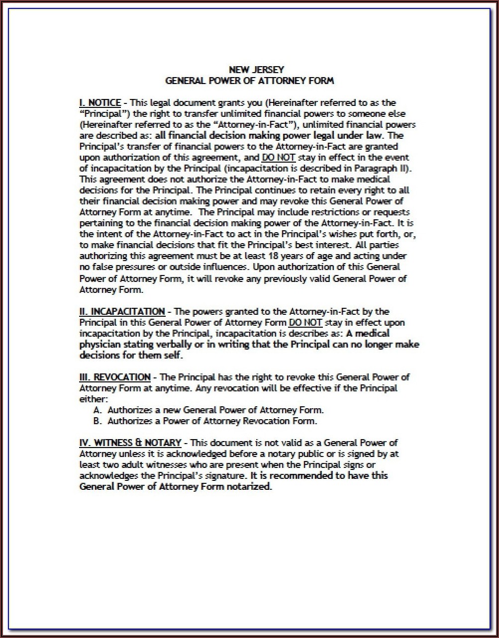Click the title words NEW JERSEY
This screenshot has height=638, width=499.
[249, 70]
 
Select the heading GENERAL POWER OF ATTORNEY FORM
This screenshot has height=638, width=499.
[249, 81]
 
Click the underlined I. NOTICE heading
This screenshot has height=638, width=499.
[100, 103]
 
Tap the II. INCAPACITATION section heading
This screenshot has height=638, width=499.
[122, 312]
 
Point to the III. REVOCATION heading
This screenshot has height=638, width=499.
[115, 377]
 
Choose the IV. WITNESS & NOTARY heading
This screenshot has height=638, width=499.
[131, 443]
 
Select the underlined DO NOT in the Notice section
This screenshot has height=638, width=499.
[279, 158]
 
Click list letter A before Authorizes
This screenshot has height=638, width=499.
[97, 410]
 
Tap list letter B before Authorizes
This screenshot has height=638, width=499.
[97, 421]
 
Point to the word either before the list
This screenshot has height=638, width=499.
[92, 399]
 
